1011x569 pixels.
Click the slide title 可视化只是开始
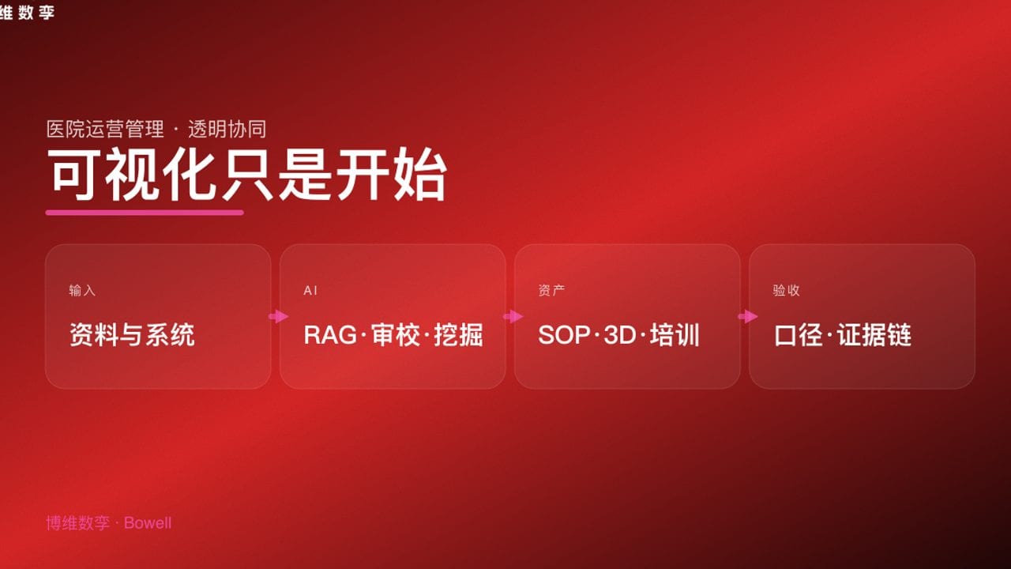point(246,175)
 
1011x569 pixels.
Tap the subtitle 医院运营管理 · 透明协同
point(156,130)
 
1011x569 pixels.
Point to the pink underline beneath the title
point(145,212)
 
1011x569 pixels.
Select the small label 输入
point(82,290)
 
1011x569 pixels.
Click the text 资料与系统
point(132,335)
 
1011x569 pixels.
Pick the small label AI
point(310,291)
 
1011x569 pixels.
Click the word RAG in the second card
point(330,335)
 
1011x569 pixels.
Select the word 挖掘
point(458,335)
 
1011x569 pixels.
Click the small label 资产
point(551,290)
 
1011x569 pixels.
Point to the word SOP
point(564,335)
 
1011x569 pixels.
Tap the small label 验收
point(786,290)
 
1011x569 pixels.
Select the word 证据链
point(874,335)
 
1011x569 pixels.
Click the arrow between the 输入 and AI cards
point(278,317)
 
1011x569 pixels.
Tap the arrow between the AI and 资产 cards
point(513,317)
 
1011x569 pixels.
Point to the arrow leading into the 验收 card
point(747,317)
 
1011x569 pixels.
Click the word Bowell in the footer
point(148,523)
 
